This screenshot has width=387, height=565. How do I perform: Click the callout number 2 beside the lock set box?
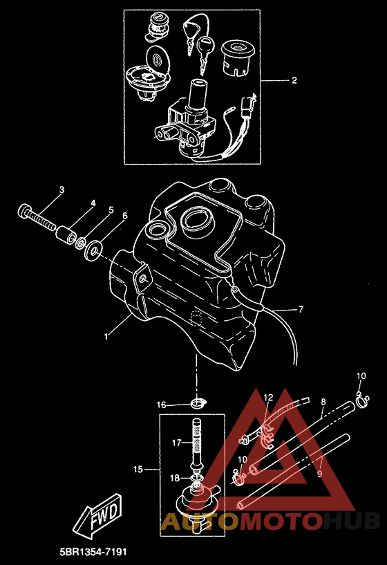pos(294,80)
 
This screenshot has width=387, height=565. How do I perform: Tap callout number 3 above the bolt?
pos(62,189)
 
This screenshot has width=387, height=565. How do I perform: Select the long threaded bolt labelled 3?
pos(37,218)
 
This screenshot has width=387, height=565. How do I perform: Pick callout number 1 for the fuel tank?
pos(106,337)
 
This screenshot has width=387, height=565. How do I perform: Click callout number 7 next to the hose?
pos(301,309)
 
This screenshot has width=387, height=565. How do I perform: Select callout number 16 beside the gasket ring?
pos(161,405)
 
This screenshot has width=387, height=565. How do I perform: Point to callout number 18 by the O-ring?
pos(175,478)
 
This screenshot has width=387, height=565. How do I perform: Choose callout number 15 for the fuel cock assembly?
pos(138,469)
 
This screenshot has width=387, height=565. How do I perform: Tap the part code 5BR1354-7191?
pos(93,552)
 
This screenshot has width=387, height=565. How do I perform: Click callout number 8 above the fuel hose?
pos(323,402)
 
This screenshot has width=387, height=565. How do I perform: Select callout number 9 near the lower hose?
pos(319,474)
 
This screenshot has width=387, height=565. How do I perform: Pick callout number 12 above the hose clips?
pos(268,398)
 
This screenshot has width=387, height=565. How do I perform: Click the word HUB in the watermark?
pos(351,521)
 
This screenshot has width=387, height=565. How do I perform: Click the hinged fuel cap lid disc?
pos(158,58)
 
